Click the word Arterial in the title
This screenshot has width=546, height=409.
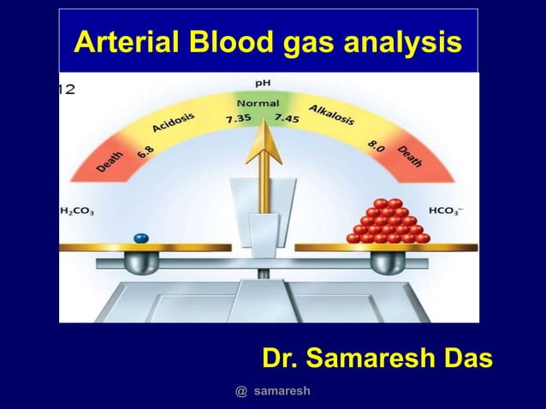click(118, 40)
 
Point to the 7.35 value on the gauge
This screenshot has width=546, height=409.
click(238, 119)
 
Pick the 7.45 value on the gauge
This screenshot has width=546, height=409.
click(285, 119)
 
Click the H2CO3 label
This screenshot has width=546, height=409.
click(77, 210)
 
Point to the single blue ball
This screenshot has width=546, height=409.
click(141, 237)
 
